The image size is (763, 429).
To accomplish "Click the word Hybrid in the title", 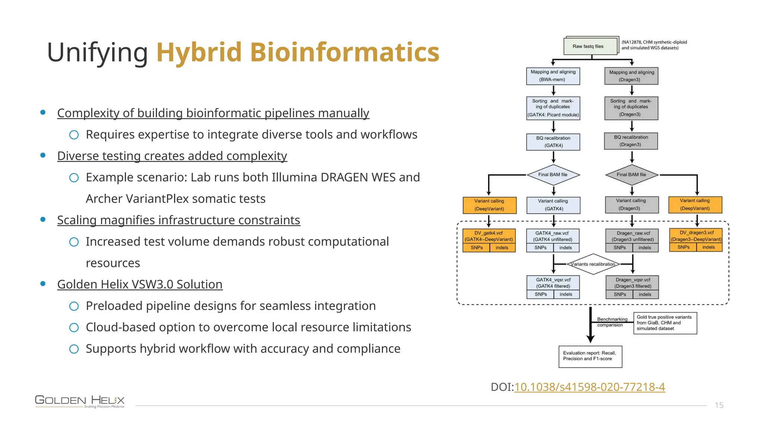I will coord(199,52).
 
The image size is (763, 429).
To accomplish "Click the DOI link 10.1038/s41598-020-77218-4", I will coord(589,387).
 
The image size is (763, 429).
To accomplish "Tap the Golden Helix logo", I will coord(80,401).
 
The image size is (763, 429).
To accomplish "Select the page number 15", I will coord(719,405).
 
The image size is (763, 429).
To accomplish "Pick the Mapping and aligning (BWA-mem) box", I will coord(553,76).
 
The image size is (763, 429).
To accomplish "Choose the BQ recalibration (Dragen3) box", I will coord(631,141).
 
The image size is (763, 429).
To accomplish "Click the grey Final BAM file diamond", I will coord(631,175).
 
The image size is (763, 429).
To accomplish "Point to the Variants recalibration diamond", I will coord(593,264).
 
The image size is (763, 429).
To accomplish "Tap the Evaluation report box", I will coord(590,356).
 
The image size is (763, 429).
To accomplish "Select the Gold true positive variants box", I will coord(665,323).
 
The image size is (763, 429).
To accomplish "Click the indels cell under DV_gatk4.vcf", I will coord(502,248).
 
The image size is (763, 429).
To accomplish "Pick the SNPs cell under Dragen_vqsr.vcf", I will coord(620,295).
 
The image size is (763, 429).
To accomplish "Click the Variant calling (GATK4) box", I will coord(553,205).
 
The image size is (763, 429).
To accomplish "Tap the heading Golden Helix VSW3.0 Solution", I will coord(140,284).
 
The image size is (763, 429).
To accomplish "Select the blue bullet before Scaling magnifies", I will coord(43,220).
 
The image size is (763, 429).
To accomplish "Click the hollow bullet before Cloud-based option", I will coord(74,327).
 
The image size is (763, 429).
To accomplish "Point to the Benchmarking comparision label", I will coord(612,322).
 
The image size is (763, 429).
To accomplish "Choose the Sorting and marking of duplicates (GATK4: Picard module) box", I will coord(553,108).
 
